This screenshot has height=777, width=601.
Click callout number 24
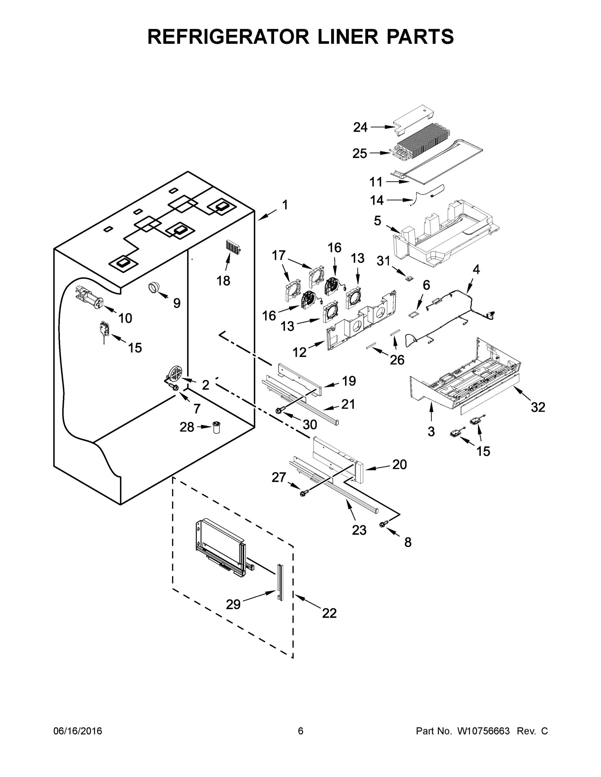[x=360, y=127]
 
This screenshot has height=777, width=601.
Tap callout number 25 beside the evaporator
[x=360, y=153]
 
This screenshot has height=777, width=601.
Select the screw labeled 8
[x=384, y=524]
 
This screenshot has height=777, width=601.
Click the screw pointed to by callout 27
[x=304, y=493]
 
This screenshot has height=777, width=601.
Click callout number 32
[x=537, y=407]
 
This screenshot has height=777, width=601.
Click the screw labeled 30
[x=279, y=411]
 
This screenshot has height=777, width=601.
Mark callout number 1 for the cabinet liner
[x=285, y=205]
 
